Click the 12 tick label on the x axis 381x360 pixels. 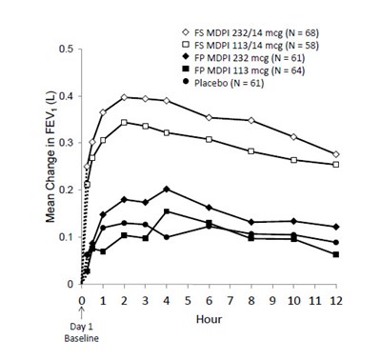335,298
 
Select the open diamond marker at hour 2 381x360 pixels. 124,97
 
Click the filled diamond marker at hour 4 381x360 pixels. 167,189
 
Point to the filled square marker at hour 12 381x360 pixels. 335,254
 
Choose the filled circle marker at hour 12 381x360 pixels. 335,242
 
